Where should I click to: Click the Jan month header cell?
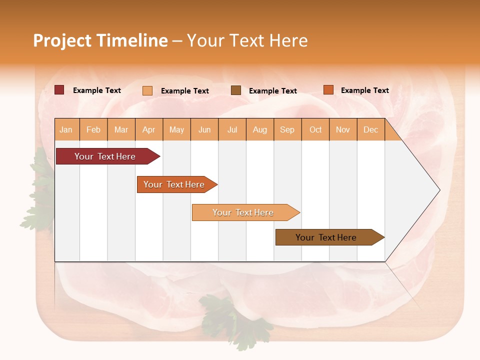[66, 129]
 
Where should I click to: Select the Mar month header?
[121, 129]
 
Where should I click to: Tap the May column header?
[176, 129]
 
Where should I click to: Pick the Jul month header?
[232, 129]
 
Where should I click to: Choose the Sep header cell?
[287, 129]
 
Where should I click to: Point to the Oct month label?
[315, 129]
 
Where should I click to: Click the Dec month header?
[370, 129]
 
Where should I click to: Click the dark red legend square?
[59, 90]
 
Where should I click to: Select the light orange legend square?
[147, 90]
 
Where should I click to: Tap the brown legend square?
[236, 90]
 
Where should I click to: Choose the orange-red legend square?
[328, 90]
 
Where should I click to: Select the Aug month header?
[259, 129]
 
